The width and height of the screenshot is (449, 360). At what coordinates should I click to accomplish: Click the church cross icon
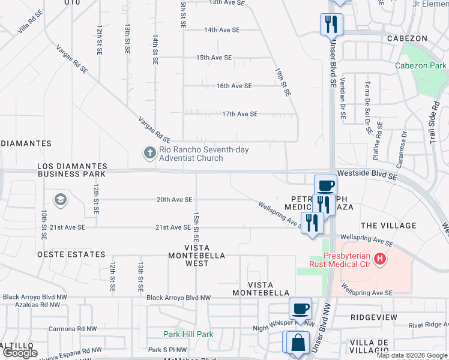tap(149, 154)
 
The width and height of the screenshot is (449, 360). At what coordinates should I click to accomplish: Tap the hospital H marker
tap(379, 259)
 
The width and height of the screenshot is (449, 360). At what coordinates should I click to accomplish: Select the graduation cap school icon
tap(60, 200)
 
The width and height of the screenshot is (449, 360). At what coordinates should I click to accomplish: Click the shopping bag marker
tap(298, 343)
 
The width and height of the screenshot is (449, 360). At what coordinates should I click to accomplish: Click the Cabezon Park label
tap(421, 65)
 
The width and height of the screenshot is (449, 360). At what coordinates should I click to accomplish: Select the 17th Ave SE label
tap(240, 114)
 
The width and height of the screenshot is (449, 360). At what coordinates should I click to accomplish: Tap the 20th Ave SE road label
tap(174, 200)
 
